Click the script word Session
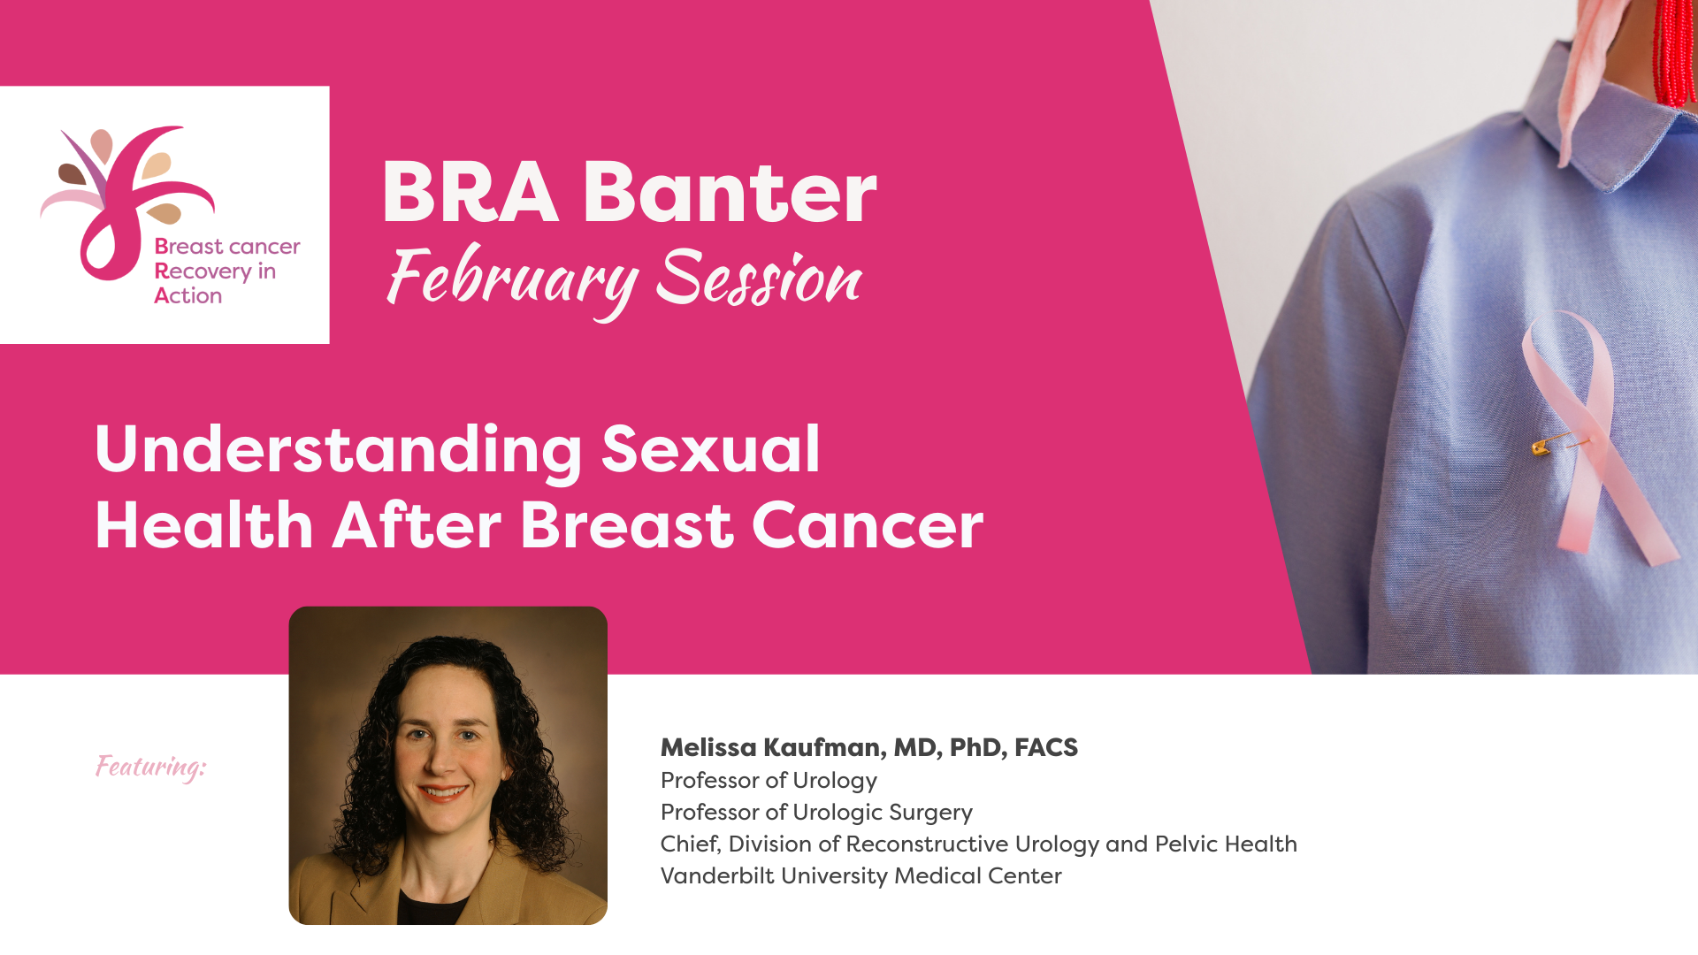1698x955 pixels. coord(759,278)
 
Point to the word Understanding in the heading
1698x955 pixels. coord(339,451)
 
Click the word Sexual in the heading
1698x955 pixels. coord(711,449)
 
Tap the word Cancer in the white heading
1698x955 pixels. coord(868,526)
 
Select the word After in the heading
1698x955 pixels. coord(417,525)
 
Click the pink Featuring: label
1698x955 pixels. coord(151,767)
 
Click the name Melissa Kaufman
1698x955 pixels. coord(771,748)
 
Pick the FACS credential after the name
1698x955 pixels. coord(1046,748)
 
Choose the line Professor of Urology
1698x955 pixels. coord(769,781)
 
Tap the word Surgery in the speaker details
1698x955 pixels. coord(930,813)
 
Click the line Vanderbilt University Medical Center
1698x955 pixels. coord(861,875)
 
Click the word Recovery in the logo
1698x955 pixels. coord(203,271)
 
